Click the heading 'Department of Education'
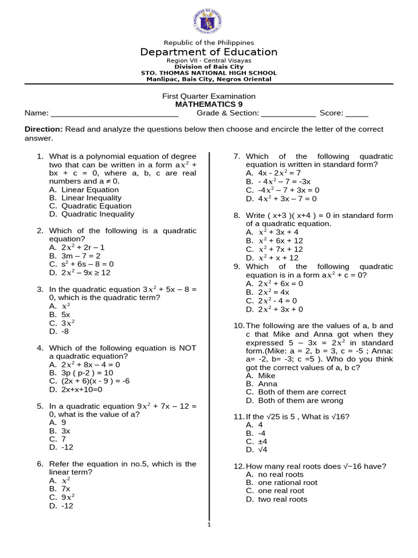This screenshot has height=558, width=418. (208, 52)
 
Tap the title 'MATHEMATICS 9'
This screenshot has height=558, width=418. (208, 104)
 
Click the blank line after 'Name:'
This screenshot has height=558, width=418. (114, 114)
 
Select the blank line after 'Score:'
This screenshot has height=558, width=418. (357, 114)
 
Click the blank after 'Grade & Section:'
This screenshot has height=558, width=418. (288, 114)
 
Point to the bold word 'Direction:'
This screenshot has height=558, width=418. (44, 129)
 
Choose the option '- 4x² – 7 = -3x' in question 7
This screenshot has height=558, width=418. (278, 181)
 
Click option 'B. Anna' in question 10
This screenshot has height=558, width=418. (260, 384)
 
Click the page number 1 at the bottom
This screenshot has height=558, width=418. (208, 524)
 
